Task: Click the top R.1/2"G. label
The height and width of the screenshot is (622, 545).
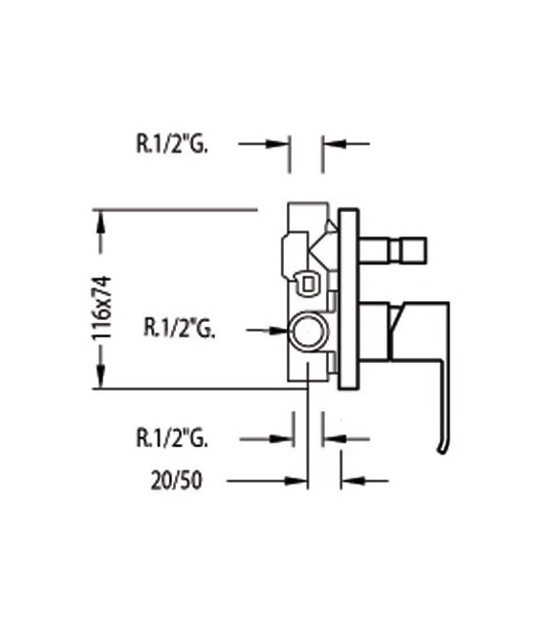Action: (172, 144)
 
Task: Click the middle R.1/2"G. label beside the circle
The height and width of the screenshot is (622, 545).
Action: (178, 330)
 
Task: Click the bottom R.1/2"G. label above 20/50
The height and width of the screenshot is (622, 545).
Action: (172, 439)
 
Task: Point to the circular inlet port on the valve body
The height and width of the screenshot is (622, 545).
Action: (309, 332)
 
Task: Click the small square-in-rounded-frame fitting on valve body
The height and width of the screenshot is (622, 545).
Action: (308, 283)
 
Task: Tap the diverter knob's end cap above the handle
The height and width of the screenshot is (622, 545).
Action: (413, 250)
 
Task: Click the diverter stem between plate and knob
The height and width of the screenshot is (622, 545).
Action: (379, 250)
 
